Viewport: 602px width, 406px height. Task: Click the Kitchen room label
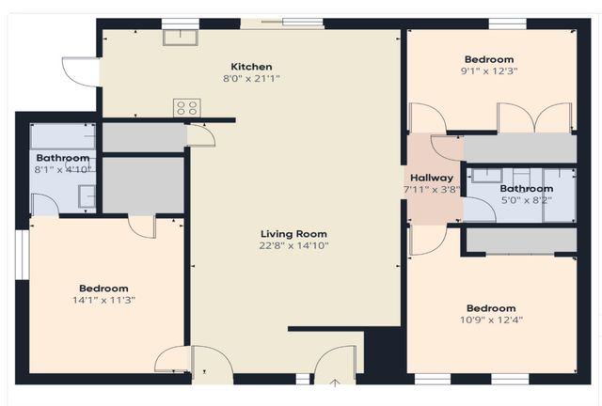point(251,67)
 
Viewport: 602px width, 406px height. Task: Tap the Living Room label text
point(294,234)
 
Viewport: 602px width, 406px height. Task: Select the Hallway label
point(432,178)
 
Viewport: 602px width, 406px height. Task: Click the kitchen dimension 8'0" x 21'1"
point(251,78)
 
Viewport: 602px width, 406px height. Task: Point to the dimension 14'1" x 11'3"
point(103,300)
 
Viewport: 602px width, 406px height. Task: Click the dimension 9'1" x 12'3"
point(489,70)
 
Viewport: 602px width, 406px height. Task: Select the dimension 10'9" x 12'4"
point(490,320)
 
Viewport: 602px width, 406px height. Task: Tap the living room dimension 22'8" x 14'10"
point(294,245)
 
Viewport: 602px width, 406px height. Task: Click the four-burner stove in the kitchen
point(186,108)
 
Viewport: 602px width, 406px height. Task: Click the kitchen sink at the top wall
point(179,38)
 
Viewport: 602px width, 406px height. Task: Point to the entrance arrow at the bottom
point(336,383)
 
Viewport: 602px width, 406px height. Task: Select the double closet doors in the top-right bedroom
point(533,117)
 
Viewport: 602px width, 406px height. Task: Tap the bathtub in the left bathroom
point(62,136)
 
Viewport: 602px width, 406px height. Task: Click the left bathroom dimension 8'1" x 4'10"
point(62,169)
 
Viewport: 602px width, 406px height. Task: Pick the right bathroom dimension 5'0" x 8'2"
point(526,199)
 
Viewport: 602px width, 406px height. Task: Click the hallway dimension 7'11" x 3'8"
point(432,189)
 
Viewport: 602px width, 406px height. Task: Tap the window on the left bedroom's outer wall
point(20,254)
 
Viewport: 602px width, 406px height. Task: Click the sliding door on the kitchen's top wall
point(282,23)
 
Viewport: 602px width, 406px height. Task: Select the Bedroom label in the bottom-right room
point(490,308)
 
